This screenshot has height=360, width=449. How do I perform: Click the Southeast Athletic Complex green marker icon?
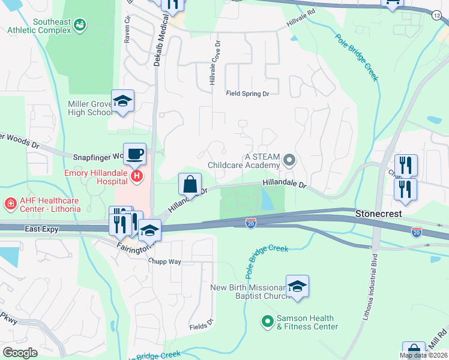pos(79,25)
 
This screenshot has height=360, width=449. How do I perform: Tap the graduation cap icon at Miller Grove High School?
pos(122,101)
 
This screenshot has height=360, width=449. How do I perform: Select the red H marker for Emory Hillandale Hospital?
pos(137,176)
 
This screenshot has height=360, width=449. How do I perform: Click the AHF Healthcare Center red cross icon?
pos(10,204)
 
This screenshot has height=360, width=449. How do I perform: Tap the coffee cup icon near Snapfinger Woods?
pos(134,154)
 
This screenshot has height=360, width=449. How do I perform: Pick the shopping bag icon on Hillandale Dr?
pos(190,184)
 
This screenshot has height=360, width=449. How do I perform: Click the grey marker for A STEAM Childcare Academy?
pos(289,160)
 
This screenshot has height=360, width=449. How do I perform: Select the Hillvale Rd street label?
pos(300,13)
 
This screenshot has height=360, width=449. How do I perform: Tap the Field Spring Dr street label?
pos(247,94)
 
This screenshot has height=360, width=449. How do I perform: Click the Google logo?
pos(20,353)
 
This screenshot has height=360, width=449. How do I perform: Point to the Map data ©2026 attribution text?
pos(423,355)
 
